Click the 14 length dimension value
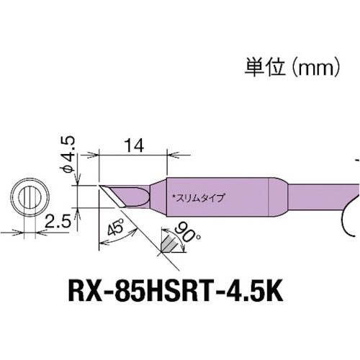pos(132,145)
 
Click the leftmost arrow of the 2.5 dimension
pos(11,233)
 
